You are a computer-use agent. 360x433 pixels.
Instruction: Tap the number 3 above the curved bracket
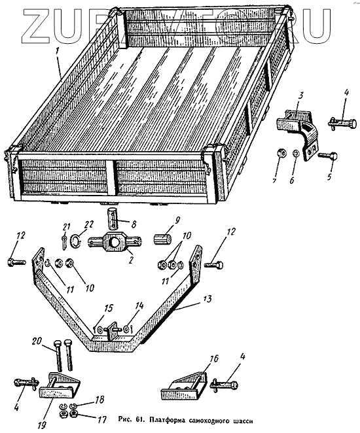pos(300,97)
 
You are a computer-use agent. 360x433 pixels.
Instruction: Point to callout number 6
pos(292,181)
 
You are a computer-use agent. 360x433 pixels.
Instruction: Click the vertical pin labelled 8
pos(114,219)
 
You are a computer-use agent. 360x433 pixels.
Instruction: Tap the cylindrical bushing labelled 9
pos(162,239)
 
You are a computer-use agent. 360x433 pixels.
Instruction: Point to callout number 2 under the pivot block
pos(131,260)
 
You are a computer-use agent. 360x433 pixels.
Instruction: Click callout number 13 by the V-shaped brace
pos(207,298)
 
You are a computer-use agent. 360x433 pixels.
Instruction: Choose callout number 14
pos(139,305)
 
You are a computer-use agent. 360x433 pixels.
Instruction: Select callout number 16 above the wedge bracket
pos(213,358)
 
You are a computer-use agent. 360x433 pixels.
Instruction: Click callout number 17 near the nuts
pos(101,420)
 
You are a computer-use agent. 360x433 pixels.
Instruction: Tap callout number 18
pos(99,400)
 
